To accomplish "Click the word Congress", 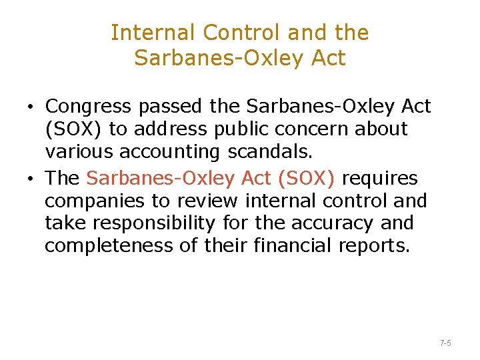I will coord(88,107).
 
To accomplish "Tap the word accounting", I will coord(169,152).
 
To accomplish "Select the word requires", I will coord(380,178).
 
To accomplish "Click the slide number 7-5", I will coord(445,343).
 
